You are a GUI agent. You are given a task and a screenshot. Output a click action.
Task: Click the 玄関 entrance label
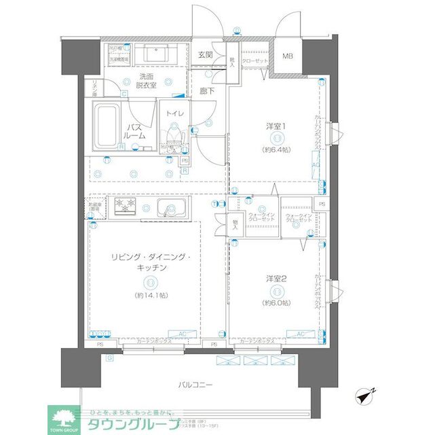click(206, 54)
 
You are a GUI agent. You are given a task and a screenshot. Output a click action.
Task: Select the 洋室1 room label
click(275, 126)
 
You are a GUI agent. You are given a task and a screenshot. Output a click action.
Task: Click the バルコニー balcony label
click(195, 385)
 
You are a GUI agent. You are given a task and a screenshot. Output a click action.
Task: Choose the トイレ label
click(176, 113)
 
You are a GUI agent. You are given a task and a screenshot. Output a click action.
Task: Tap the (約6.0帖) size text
click(276, 303)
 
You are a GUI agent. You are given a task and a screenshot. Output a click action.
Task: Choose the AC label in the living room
click(182, 332)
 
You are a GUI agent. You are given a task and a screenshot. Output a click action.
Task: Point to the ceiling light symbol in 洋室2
click(276, 291)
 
